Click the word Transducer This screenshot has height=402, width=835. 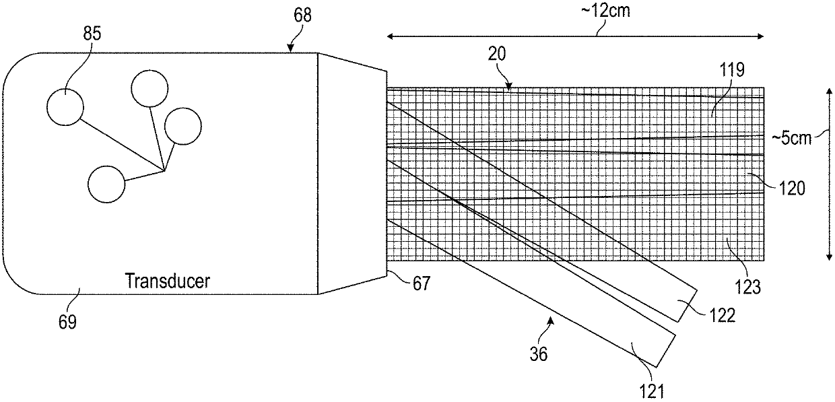coord(167,281)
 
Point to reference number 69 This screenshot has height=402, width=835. coord(67,322)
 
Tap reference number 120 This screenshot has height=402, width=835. coord(791,189)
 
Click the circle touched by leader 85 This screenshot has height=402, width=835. coord(65,107)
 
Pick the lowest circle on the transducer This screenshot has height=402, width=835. coord(106,184)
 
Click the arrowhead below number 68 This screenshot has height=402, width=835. coord(291,48)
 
